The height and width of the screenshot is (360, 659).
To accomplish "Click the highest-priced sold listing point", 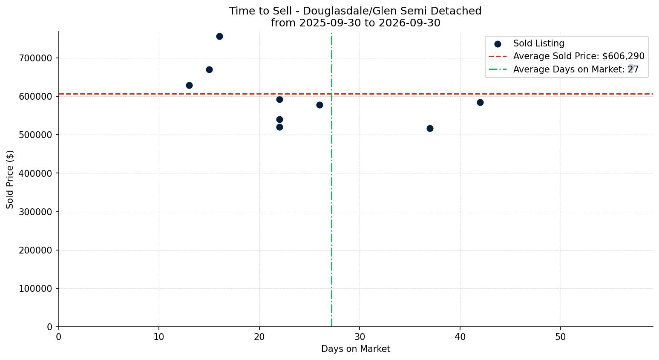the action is tap(219, 37).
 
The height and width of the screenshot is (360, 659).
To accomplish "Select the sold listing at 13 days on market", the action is tap(190, 86).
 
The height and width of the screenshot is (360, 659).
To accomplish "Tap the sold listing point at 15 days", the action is tap(210, 70).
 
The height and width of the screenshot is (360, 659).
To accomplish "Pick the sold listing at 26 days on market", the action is tap(320, 105).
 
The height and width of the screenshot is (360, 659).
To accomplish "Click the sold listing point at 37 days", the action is tap(430, 129).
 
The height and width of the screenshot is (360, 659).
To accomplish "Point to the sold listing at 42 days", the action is tap(481, 103).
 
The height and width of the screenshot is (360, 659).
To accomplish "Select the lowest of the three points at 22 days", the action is tap(280, 127).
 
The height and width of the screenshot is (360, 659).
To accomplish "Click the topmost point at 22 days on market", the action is tap(280, 100).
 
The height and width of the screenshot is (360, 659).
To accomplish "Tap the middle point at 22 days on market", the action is tap(280, 120).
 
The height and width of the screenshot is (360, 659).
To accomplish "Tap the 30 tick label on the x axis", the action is tap(360, 337).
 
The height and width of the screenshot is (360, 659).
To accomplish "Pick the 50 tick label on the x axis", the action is tap(561, 337).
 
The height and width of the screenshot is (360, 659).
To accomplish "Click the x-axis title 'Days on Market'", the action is tap(356, 349).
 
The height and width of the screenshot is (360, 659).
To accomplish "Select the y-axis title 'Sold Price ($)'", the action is tap(10, 180).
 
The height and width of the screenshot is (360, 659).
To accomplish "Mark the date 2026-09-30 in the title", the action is tap(409, 23).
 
